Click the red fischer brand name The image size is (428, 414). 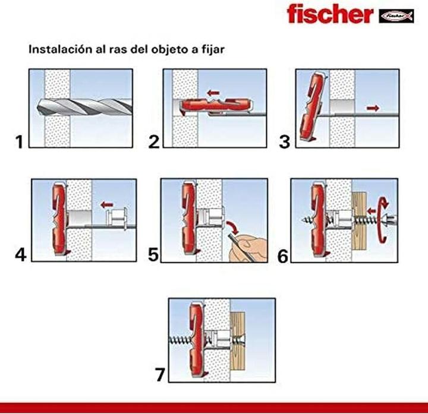tap(329, 14)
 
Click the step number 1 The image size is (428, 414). tap(20, 142)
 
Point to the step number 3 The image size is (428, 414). tap(287, 142)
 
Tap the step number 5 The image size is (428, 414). tap(153, 255)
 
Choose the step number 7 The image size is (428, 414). tap(159, 375)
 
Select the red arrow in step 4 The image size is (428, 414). tap(106, 205)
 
